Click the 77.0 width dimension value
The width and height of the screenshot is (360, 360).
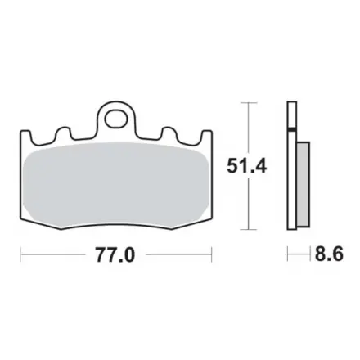coord(115,255)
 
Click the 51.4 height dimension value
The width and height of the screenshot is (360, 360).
coord(246,166)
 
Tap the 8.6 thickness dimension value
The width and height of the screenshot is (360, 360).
coord(329,254)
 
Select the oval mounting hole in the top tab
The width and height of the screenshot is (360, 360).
coord(117,119)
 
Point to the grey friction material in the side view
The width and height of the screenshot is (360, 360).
coord(303,185)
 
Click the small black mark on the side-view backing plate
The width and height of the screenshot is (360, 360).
coord(291,130)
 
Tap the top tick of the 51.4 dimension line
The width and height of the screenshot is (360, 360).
coord(248,103)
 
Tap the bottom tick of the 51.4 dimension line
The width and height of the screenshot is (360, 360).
coord(248,230)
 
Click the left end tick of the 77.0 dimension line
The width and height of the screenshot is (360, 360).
coord(20,254)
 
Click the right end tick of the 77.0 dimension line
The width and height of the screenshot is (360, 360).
coord(212,254)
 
